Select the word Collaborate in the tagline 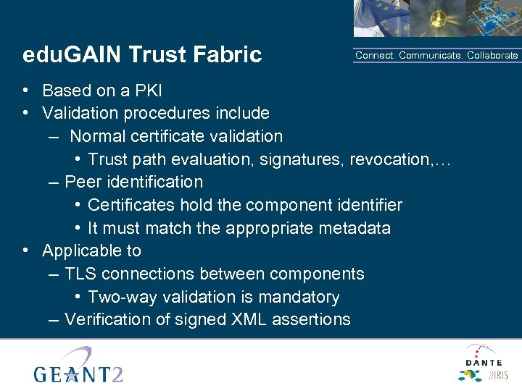493,56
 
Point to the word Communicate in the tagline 431,56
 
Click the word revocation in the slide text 389,159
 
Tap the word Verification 109,319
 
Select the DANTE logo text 484,361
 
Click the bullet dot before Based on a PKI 25,91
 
